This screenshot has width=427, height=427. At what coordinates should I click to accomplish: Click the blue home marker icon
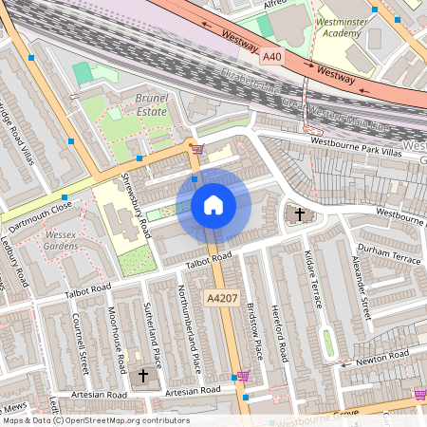coord(213,204)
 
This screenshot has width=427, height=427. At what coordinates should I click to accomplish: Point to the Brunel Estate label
coord(151,104)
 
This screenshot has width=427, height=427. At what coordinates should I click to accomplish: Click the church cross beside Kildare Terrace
coord(300,214)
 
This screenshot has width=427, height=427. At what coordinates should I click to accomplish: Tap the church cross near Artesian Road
coord(143,376)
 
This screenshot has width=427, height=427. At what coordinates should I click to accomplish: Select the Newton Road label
coord(381,357)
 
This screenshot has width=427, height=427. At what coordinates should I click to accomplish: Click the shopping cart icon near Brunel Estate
coord(197,149)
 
